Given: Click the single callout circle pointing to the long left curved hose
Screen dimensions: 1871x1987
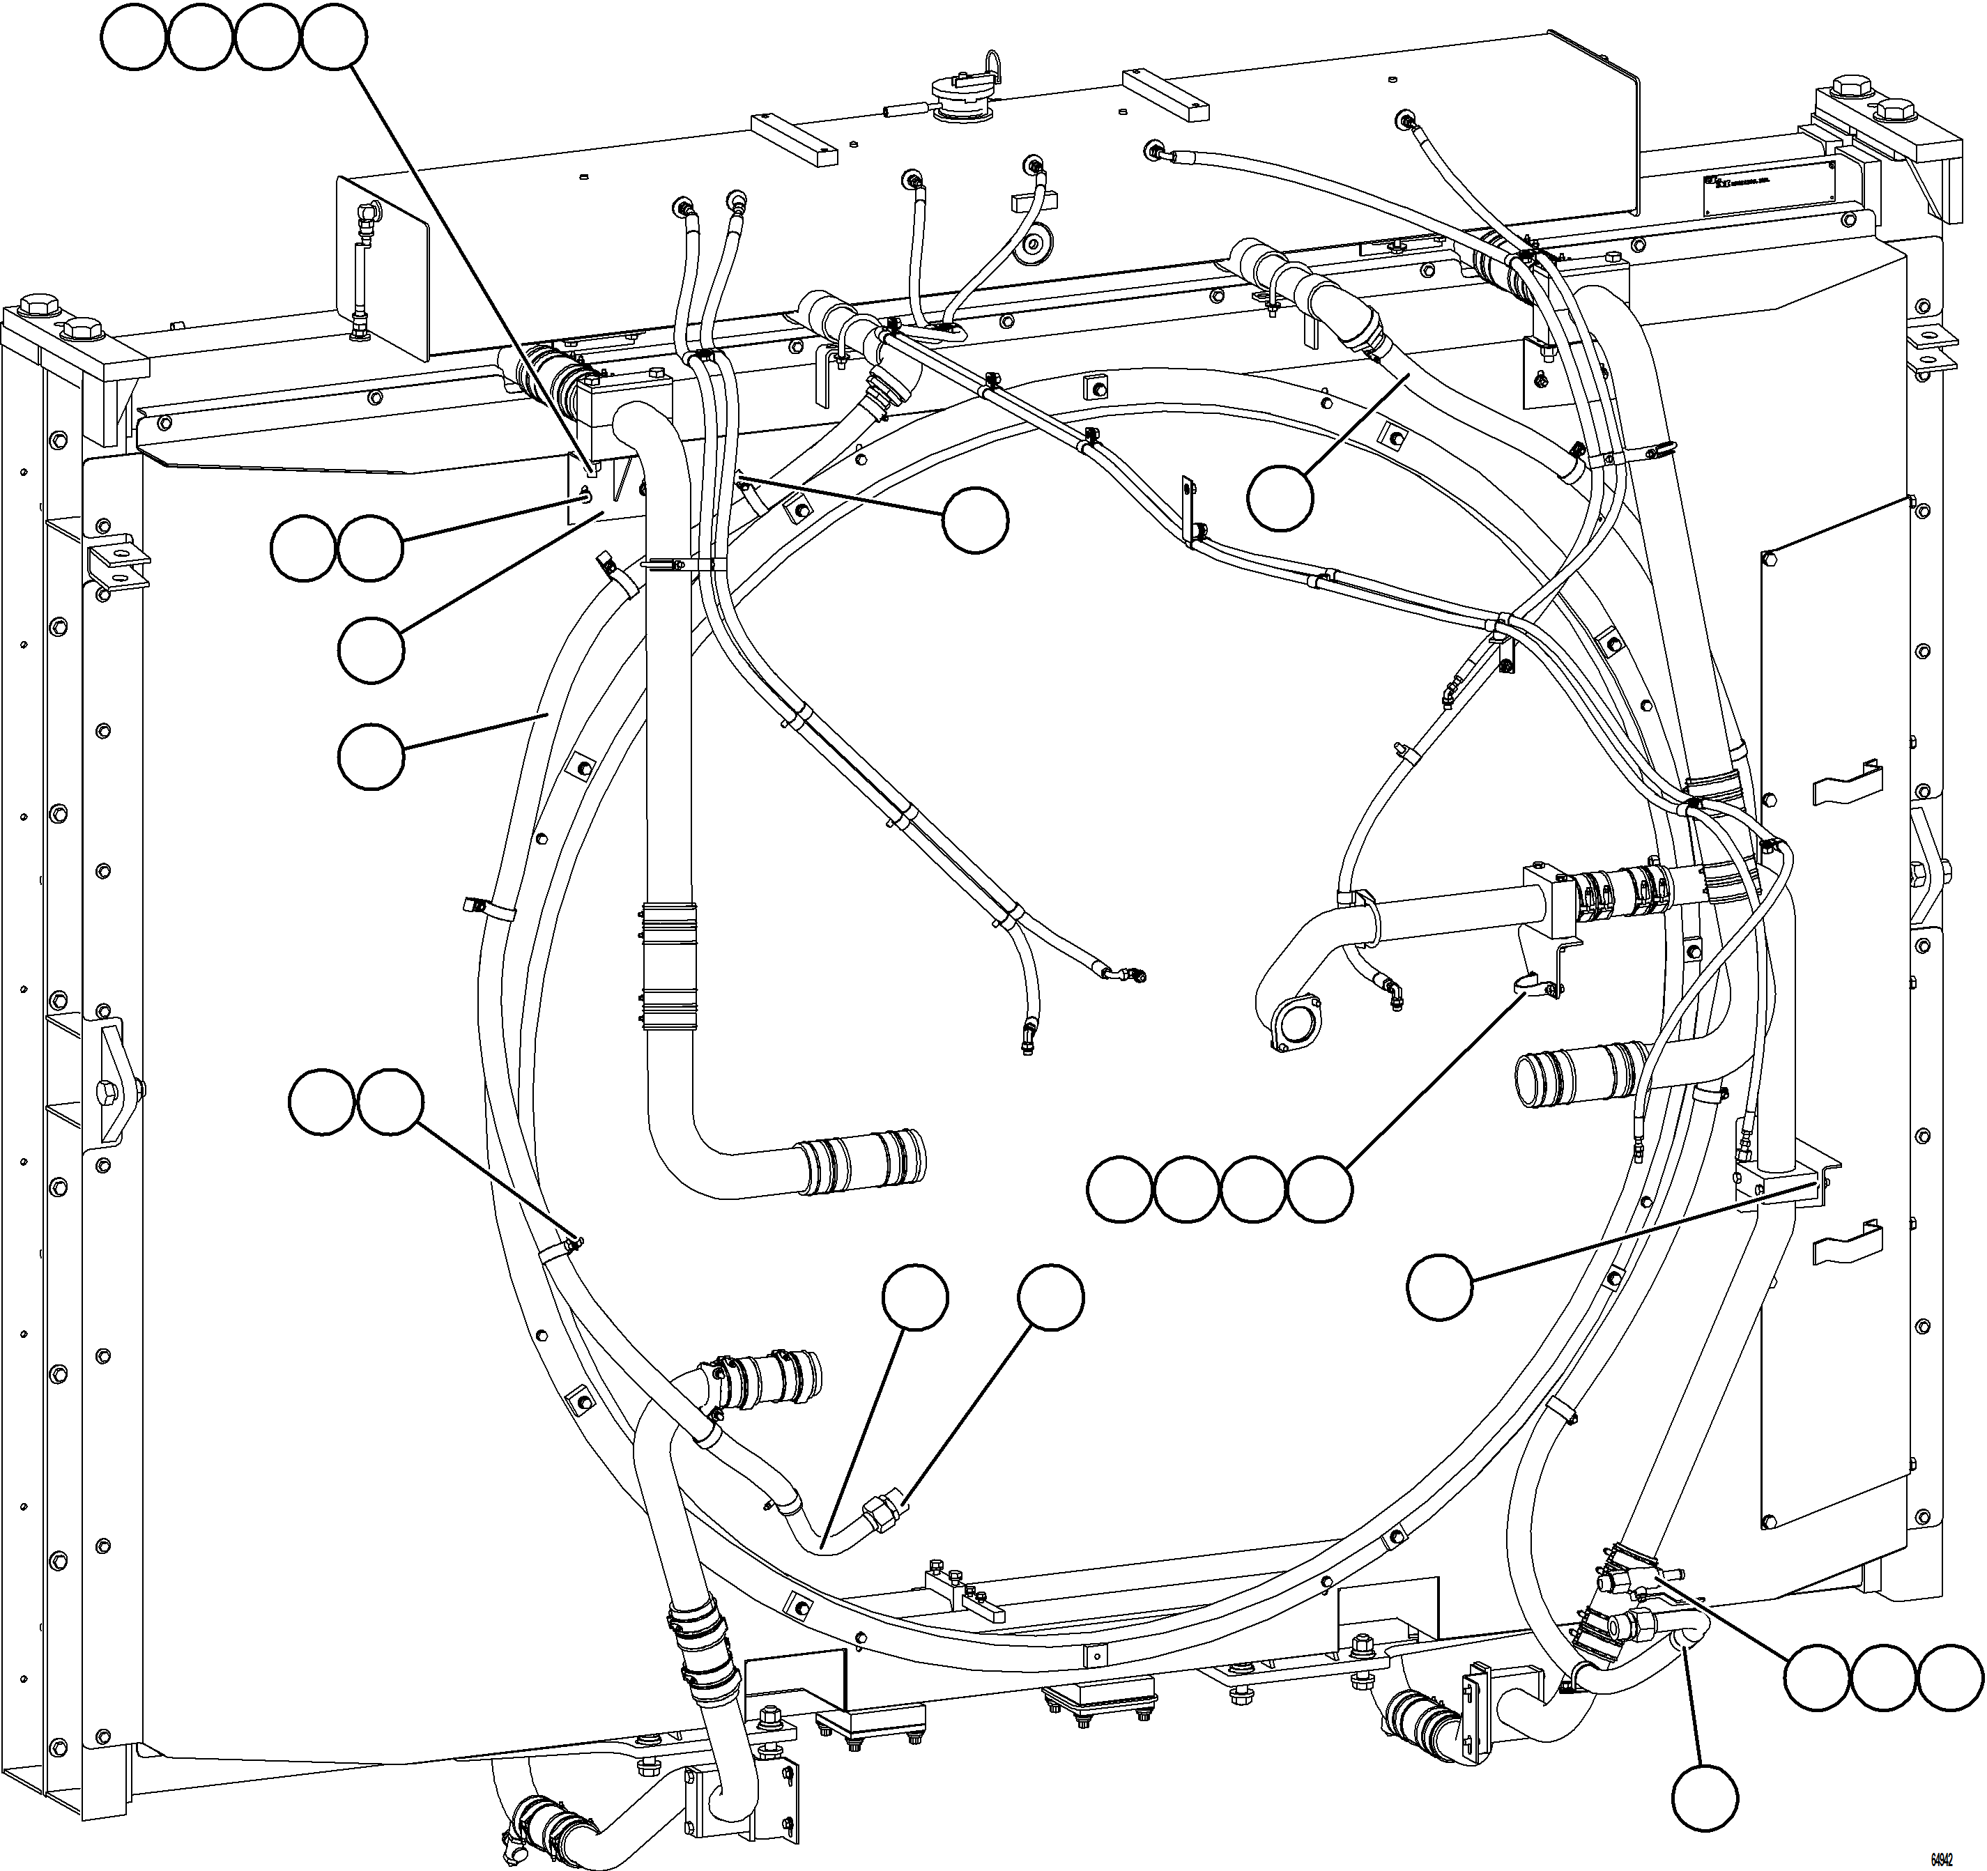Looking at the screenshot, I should pyautogui.click(x=371, y=757).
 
